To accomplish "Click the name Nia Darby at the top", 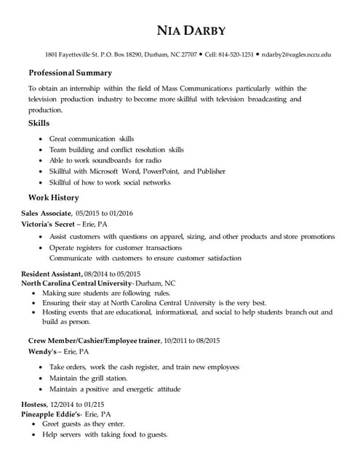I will (191, 31).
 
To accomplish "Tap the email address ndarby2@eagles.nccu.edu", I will (296, 54).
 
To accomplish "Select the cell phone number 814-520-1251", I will (237, 54).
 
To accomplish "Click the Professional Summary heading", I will (70, 73).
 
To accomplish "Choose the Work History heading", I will (53, 198).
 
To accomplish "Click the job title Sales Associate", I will (46, 214).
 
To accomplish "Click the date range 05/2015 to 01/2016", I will (105, 214).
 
